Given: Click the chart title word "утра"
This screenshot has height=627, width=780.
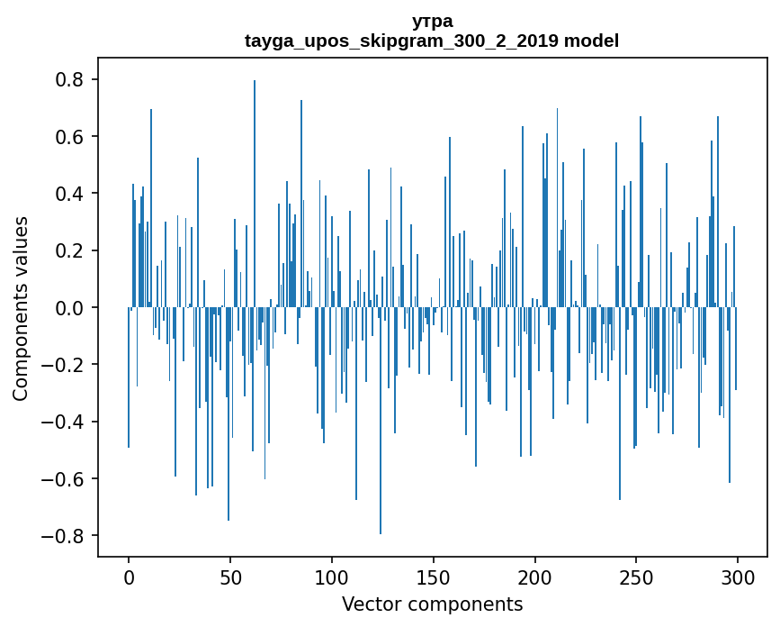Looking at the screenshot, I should tap(432, 22).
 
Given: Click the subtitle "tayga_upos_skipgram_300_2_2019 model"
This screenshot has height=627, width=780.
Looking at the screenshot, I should tap(432, 41).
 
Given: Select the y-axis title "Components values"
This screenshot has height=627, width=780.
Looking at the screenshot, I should tap(21, 308).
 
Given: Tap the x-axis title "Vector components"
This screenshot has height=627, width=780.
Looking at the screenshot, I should tap(432, 604).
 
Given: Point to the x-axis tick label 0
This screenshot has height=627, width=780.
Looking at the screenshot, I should tap(129, 577).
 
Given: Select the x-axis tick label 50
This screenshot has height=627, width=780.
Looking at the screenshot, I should tap(230, 577).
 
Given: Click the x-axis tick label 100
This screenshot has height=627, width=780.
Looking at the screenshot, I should tap(332, 577).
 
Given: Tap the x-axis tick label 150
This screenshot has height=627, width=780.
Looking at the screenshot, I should tap(434, 577).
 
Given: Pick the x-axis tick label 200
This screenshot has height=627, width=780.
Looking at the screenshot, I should tap(535, 577).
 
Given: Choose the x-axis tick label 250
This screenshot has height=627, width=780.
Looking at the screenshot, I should tap(636, 577).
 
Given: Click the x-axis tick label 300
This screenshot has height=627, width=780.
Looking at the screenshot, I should tap(738, 577).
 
